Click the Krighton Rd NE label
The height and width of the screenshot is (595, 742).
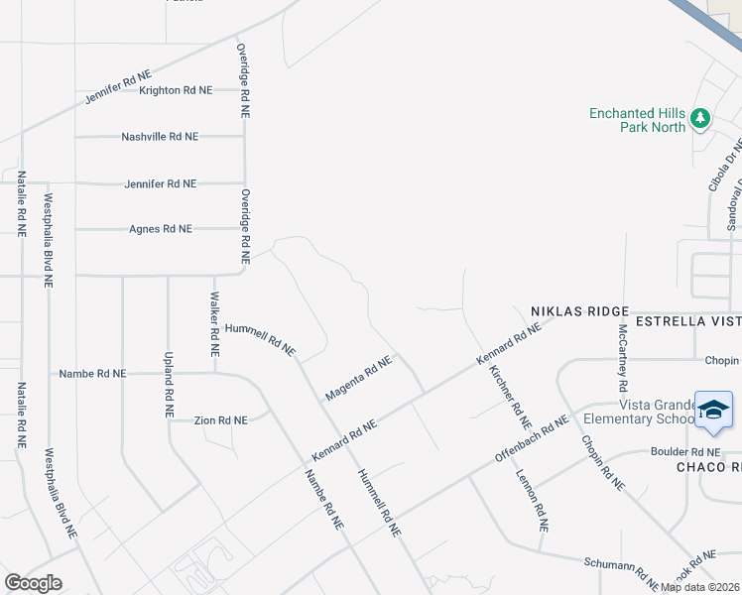coord(176,90)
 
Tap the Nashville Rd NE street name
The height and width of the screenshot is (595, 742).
coord(160,137)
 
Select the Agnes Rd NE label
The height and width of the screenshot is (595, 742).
coord(161,229)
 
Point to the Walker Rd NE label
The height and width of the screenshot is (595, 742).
coord(214,324)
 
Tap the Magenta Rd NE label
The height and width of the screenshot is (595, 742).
coord(358,379)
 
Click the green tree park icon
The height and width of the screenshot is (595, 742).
coord(701,119)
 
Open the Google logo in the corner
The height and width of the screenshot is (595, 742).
coord(33,583)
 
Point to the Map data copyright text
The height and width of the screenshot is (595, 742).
coord(700,587)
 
